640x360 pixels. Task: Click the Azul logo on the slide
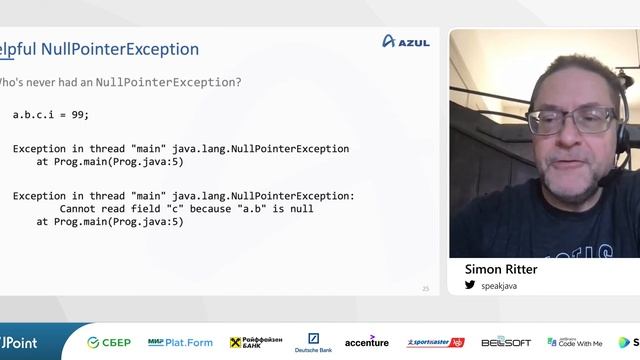click(406, 41)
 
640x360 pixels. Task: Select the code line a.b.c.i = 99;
click(51, 115)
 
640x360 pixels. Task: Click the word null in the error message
click(301, 209)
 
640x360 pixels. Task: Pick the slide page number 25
click(425, 288)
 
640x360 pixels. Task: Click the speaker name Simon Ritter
click(501, 269)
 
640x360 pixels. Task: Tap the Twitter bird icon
click(470, 285)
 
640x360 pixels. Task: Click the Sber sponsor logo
click(109, 342)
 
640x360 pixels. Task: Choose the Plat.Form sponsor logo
click(180, 342)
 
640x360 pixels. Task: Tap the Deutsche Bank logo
click(313, 342)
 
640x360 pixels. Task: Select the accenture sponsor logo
click(366, 342)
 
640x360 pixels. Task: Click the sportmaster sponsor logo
click(435, 342)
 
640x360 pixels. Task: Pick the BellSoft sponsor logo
click(506, 342)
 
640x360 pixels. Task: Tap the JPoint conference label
click(20, 342)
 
